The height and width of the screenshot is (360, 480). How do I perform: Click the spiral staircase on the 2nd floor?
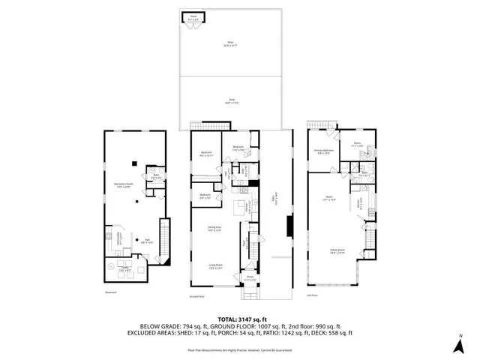coord(367,154)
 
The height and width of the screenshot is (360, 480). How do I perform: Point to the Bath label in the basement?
coord(155,176)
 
